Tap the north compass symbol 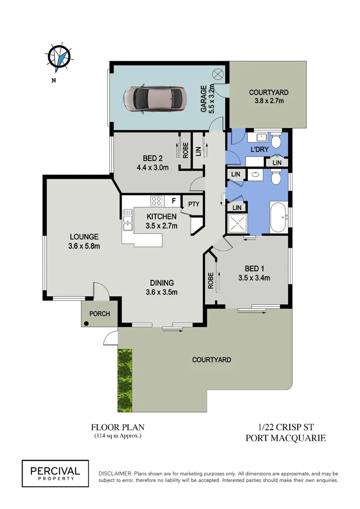(x=60, y=57)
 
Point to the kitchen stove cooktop (x=156, y=201)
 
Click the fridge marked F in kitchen (x=173, y=201)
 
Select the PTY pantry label (x=194, y=204)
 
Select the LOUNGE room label (x=84, y=237)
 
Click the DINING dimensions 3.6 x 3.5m (x=162, y=292)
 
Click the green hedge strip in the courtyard (x=125, y=379)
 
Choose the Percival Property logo (x=55, y=473)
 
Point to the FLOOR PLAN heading (x=117, y=427)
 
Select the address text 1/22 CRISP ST (x=286, y=427)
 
